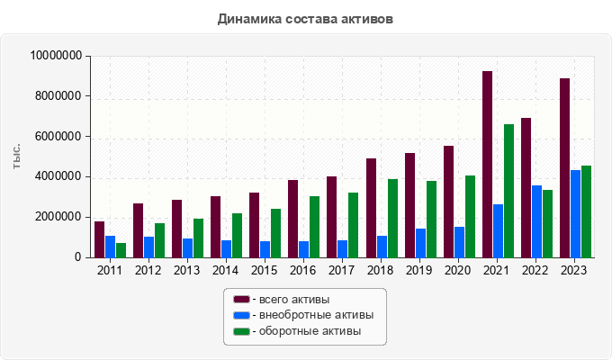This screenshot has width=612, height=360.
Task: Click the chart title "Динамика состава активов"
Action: coord(305,18)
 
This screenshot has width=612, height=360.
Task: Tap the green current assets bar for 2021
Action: coord(508,191)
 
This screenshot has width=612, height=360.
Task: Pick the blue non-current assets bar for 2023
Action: coord(576,213)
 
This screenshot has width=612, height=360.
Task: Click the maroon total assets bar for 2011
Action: coord(99,239)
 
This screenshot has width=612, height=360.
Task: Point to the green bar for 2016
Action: coord(315,227)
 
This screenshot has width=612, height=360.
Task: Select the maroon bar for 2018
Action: coord(371,208)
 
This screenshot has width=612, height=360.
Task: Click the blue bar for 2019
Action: coord(421,243)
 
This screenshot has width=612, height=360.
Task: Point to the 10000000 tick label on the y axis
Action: coord(57,56)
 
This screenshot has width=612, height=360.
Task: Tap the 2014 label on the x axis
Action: coord(226,270)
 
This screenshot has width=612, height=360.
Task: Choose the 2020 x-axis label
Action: coord(458,270)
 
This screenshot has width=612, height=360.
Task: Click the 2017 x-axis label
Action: coord(342,270)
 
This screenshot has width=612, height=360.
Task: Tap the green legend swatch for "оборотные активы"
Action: coord(241,331)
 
